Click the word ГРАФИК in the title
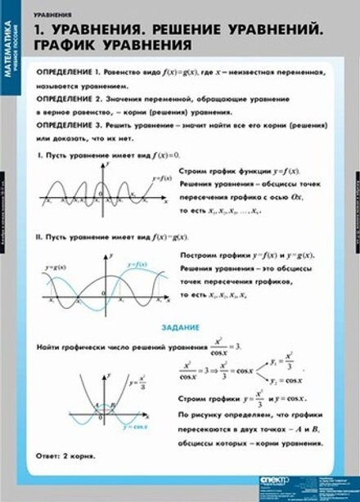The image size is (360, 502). (68, 45)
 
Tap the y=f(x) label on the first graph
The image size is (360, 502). (162, 177)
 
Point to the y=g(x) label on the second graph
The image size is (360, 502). (54, 267)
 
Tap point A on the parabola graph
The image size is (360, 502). (97, 405)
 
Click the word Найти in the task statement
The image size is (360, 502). (51, 347)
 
